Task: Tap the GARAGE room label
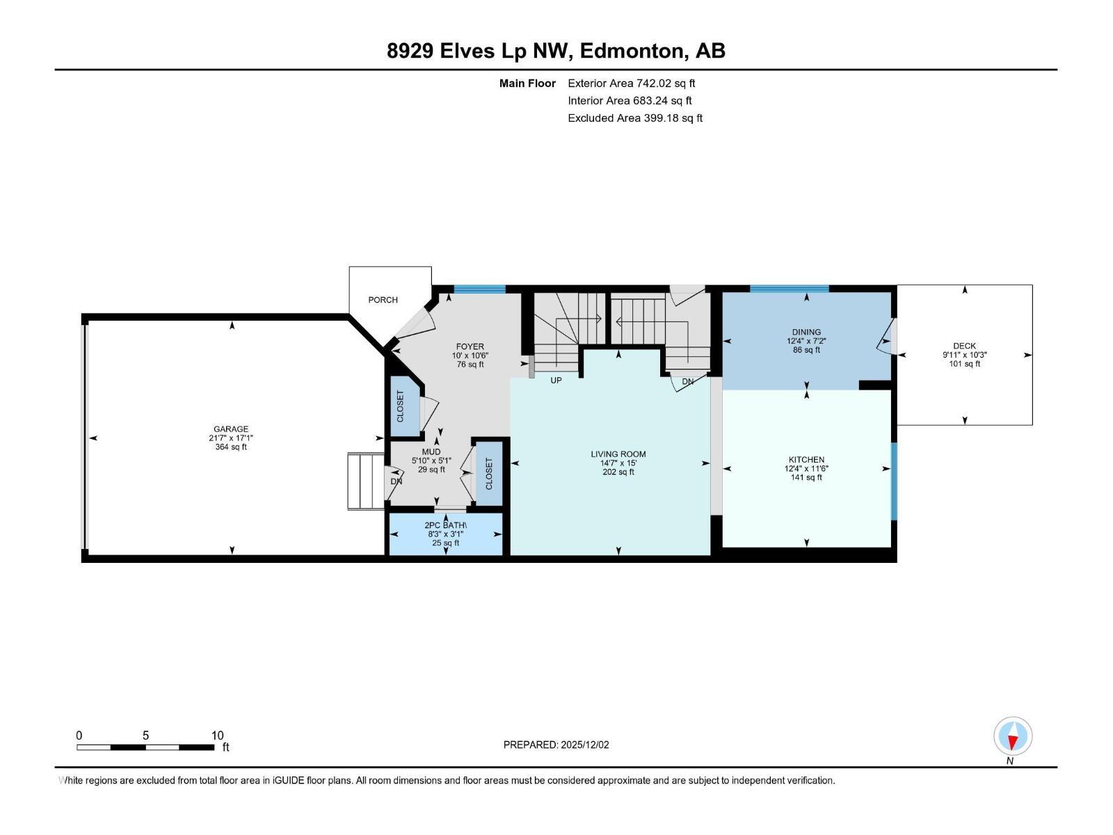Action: click(231, 429)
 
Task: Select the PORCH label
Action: click(383, 300)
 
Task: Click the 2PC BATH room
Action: click(445, 534)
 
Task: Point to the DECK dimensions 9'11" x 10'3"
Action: click(964, 355)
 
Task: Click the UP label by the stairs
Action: click(556, 381)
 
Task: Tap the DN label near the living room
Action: click(687, 382)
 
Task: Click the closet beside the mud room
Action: click(488, 473)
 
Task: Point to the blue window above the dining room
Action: click(789, 289)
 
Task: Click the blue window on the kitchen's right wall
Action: click(894, 482)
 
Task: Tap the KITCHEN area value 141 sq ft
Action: click(806, 477)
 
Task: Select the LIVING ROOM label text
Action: click(618, 454)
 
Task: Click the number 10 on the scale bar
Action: click(217, 735)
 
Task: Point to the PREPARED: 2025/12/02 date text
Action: click(556, 745)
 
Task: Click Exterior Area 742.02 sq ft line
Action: click(631, 83)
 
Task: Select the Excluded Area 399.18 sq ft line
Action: click(634, 118)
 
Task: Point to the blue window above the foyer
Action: click(479, 289)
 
